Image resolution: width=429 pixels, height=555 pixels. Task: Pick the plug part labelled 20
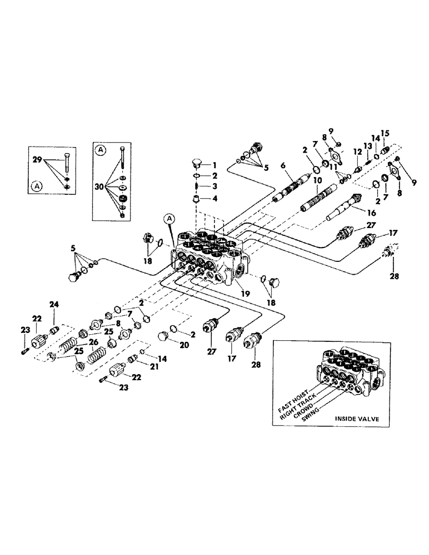(x=164, y=336)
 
